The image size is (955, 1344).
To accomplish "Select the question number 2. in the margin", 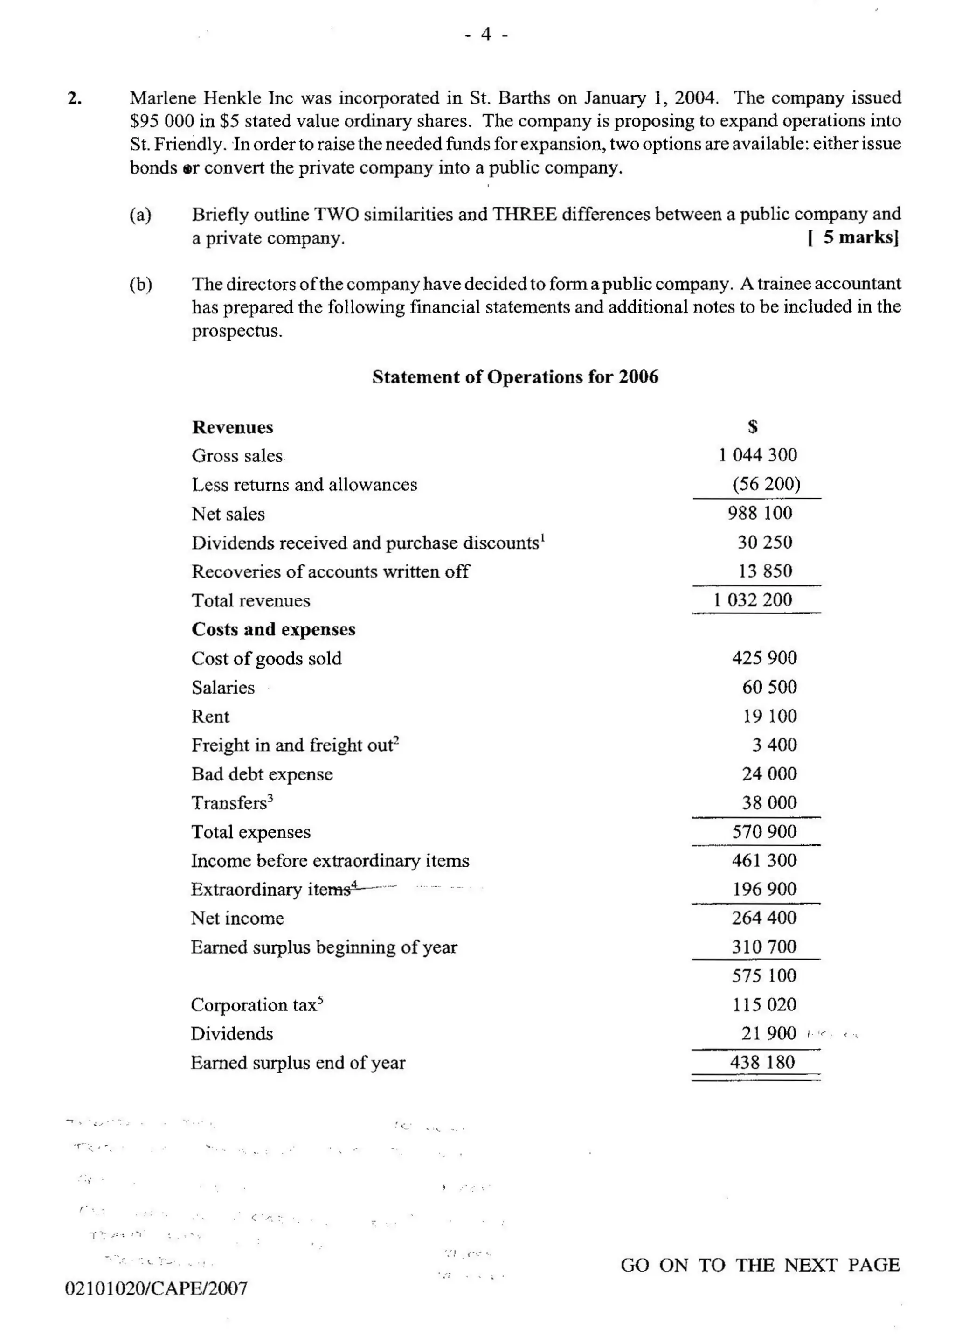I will click(75, 98).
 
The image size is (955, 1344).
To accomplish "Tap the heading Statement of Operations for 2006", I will click(515, 377).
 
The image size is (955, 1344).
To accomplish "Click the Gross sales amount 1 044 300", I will click(757, 455).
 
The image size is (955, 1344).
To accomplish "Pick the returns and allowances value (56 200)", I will click(766, 484).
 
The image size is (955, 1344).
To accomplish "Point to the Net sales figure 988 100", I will click(760, 513).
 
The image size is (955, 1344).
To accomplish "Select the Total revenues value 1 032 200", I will click(753, 600).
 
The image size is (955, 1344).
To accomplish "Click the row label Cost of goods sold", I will click(266, 658).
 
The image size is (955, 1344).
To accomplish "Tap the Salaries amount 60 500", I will click(769, 687).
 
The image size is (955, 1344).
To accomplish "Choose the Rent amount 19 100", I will click(769, 716).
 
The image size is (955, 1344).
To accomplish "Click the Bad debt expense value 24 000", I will click(769, 773).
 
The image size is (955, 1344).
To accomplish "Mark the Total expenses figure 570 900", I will click(764, 832).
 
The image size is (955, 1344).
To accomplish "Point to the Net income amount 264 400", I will click(764, 918).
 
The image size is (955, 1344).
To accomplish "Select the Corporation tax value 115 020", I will click(764, 1005).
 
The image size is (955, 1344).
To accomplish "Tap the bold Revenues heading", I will click(232, 428).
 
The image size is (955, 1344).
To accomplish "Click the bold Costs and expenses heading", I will click(273, 629).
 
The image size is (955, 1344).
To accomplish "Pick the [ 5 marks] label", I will click(853, 237).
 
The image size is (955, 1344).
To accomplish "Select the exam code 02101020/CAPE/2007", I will click(156, 1288).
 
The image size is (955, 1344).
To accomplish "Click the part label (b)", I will click(140, 285).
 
